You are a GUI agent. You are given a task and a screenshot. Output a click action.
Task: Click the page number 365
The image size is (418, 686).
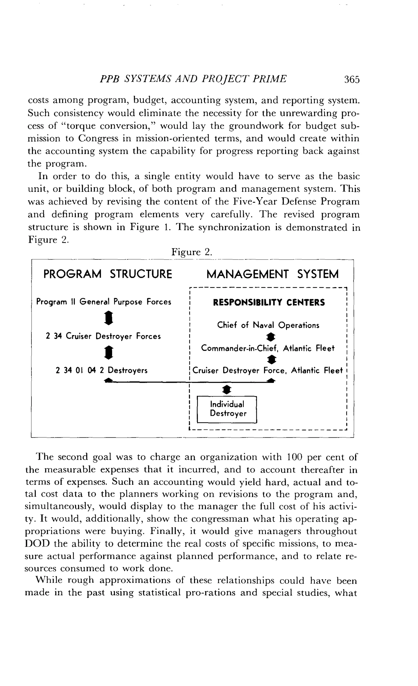point(352,80)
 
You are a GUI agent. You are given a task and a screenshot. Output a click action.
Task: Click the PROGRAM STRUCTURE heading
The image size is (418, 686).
point(108,274)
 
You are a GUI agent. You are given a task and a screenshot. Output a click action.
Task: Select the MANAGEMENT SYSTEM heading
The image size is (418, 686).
point(272,274)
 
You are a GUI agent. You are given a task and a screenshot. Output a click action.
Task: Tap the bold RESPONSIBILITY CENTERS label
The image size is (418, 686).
point(269,303)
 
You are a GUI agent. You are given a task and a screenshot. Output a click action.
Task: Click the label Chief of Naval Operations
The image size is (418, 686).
point(268,325)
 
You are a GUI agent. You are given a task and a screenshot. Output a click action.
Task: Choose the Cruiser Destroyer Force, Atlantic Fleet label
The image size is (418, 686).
point(267,371)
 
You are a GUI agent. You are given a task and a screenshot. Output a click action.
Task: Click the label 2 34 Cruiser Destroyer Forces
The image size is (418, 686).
point(103,336)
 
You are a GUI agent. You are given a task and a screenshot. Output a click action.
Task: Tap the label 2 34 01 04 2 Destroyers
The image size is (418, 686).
point(102,370)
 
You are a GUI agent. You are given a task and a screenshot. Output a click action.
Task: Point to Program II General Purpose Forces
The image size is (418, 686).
point(103,302)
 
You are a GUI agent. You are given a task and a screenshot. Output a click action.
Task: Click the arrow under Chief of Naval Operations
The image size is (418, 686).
point(271,337)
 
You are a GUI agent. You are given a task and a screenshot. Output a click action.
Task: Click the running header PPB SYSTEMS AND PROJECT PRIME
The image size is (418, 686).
point(193,79)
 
